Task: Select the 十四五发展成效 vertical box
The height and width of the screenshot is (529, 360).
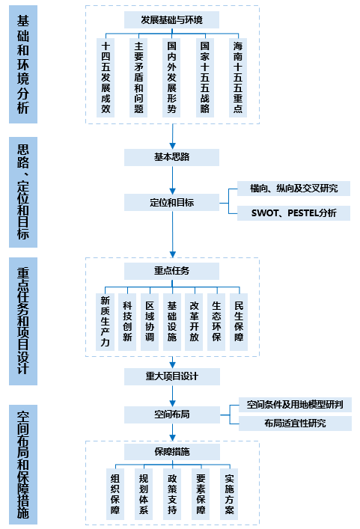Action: (x=106, y=77)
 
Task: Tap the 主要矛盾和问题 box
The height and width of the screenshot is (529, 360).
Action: (x=138, y=77)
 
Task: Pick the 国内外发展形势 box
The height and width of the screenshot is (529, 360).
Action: (x=171, y=77)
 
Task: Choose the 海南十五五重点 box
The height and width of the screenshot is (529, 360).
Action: (x=237, y=77)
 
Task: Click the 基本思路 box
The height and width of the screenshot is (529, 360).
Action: (x=172, y=157)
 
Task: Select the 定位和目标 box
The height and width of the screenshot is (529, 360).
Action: (x=172, y=202)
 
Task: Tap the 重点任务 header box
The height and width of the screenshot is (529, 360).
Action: (x=172, y=270)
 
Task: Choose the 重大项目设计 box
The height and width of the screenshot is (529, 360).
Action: (x=172, y=375)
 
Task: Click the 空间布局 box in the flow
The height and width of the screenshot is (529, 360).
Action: (x=172, y=414)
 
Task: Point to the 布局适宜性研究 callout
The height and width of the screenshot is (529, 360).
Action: (x=295, y=423)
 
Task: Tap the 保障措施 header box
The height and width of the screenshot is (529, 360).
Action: (x=172, y=452)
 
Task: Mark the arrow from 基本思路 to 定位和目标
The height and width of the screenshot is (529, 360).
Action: (x=173, y=180)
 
